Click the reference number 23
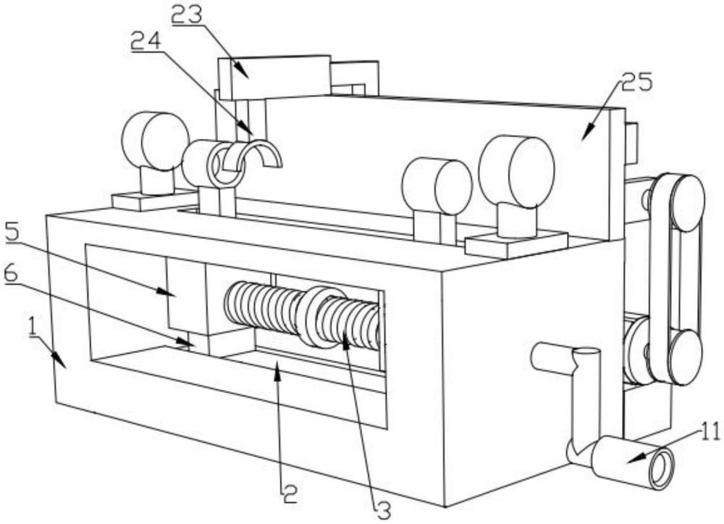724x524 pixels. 187,14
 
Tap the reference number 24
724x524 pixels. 146,42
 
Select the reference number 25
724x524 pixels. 636,83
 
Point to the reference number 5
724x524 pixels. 12,233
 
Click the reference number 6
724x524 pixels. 11,274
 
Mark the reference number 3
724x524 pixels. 383,511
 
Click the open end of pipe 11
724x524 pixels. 661,468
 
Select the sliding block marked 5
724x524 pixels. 186,296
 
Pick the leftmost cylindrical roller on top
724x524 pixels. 155,141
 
